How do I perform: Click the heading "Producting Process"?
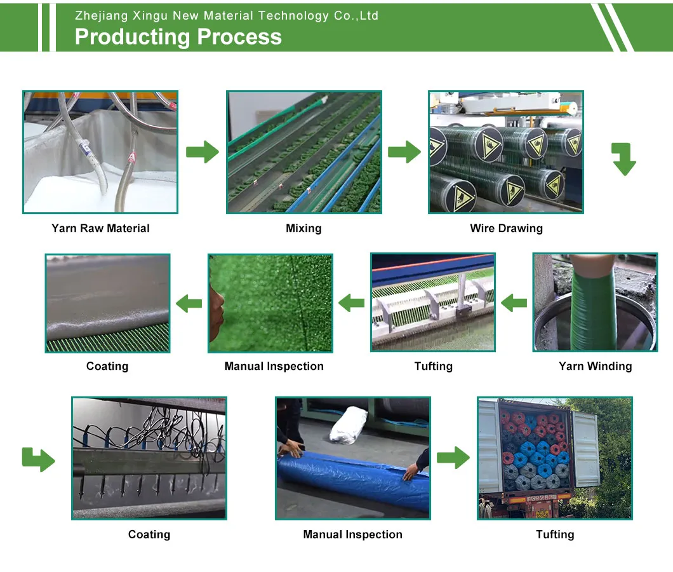178,37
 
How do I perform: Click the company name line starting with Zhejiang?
227,16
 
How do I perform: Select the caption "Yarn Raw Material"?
100,228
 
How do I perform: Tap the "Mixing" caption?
303,228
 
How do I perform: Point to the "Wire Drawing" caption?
506,228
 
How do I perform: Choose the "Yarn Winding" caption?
595,366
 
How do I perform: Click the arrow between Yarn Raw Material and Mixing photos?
202,152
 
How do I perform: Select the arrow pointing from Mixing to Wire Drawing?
404,152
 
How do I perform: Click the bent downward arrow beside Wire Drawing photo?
623,159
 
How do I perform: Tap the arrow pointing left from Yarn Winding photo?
514,303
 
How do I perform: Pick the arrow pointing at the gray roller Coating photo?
189,303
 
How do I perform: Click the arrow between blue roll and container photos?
453,457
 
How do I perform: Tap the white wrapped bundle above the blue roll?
349,424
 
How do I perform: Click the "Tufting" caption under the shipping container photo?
554,535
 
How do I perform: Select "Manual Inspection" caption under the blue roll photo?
352,535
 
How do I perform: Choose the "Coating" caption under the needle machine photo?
149,535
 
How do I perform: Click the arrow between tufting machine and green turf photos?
351,303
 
